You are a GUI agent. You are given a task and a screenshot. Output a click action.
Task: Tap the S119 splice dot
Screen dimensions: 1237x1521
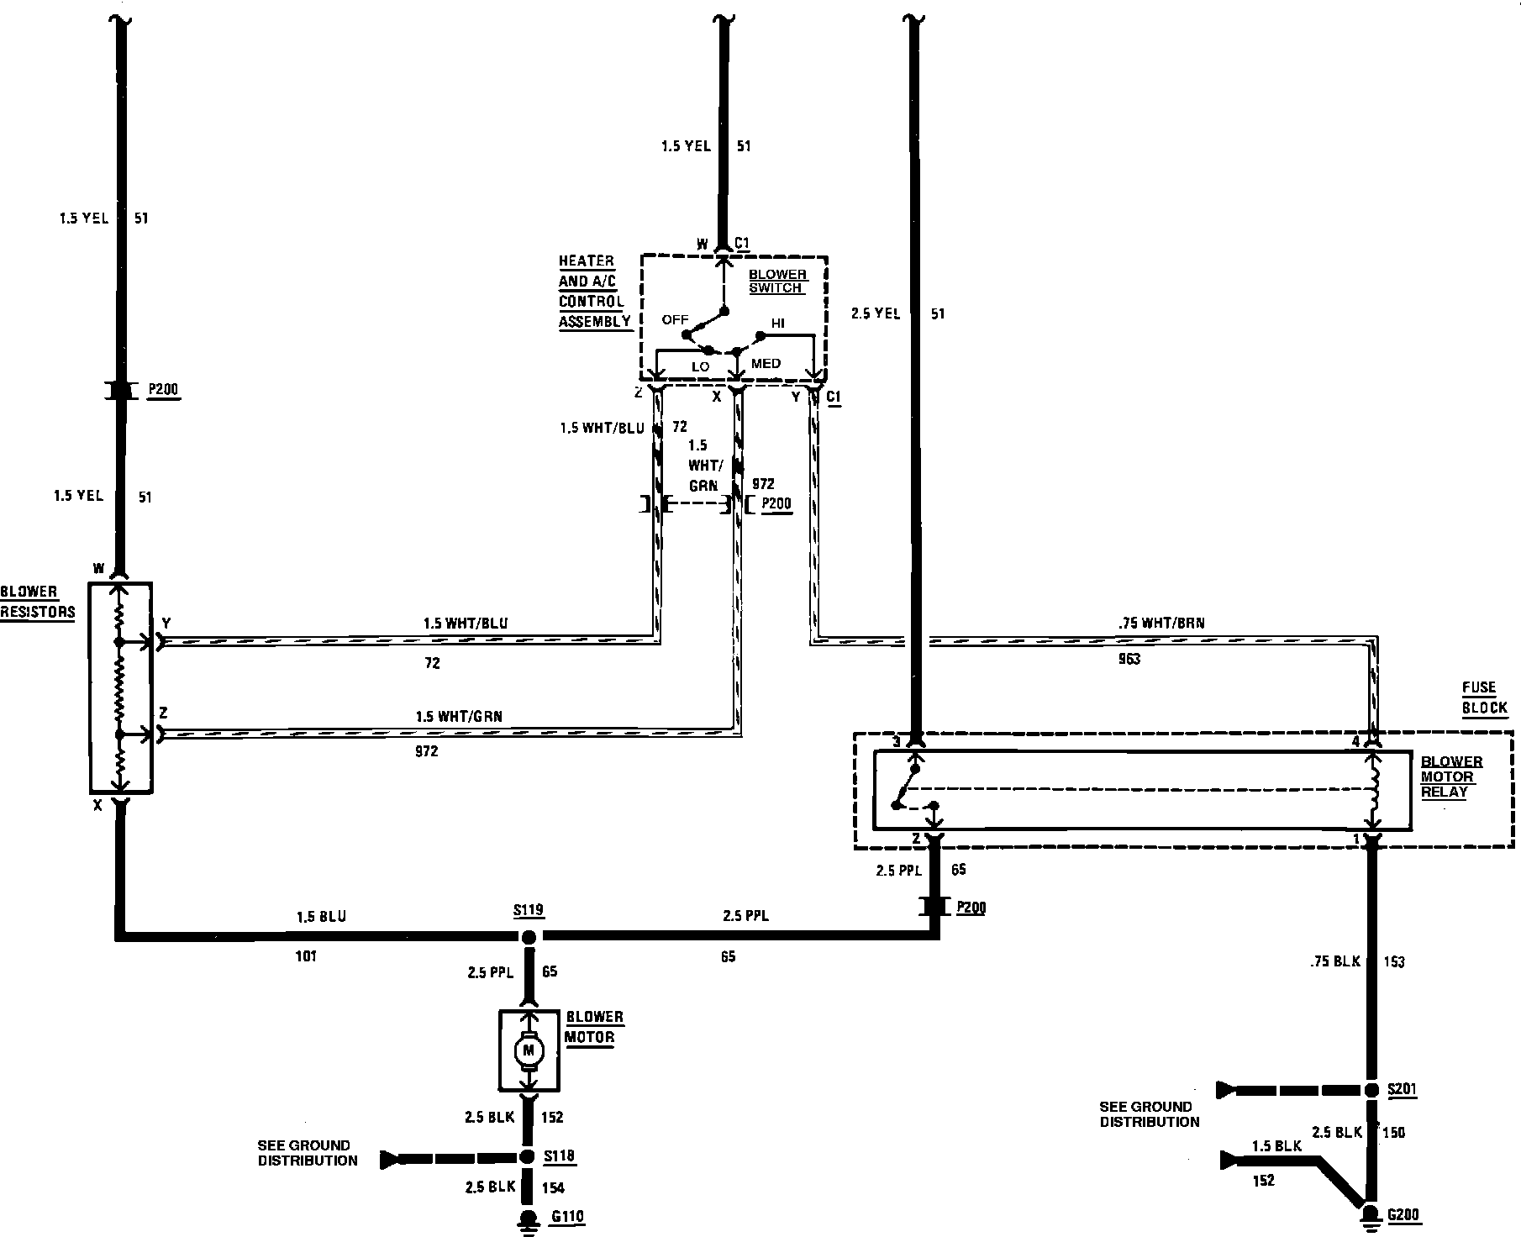(x=529, y=936)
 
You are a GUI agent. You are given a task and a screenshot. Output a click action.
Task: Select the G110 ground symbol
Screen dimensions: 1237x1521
(x=529, y=1218)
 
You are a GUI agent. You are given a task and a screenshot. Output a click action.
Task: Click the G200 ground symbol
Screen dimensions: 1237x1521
(x=1371, y=1215)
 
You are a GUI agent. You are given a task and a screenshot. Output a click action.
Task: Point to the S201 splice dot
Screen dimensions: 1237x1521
(x=1371, y=1090)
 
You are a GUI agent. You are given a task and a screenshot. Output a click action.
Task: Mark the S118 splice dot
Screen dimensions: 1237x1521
(x=527, y=1157)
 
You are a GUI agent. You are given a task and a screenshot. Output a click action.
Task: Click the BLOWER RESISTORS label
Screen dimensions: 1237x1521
(x=38, y=602)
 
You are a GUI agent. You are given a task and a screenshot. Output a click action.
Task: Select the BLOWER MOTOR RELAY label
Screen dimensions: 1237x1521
(x=1451, y=776)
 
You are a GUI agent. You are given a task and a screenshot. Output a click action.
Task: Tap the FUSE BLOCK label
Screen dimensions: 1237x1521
(x=1485, y=697)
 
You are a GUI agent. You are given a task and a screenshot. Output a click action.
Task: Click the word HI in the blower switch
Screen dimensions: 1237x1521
(x=778, y=324)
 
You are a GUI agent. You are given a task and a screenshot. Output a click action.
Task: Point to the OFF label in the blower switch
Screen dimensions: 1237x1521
(x=675, y=319)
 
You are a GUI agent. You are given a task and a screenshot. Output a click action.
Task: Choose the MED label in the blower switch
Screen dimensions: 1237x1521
(x=766, y=364)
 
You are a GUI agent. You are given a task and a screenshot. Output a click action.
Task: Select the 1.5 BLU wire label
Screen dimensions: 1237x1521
(x=321, y=916)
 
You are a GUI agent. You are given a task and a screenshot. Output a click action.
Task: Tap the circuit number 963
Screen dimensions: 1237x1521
(x=1129, y=660)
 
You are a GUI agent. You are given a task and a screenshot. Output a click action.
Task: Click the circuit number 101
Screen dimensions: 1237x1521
(x=306, y=956)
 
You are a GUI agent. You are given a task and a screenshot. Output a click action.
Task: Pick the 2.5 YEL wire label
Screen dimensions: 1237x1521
(x=876, y=313)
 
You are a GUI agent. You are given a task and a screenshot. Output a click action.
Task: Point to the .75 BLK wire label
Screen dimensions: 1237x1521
(x=1334, y=961)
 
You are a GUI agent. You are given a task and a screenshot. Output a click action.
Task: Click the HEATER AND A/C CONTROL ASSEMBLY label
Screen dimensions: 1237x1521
(x=595, y=291)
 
